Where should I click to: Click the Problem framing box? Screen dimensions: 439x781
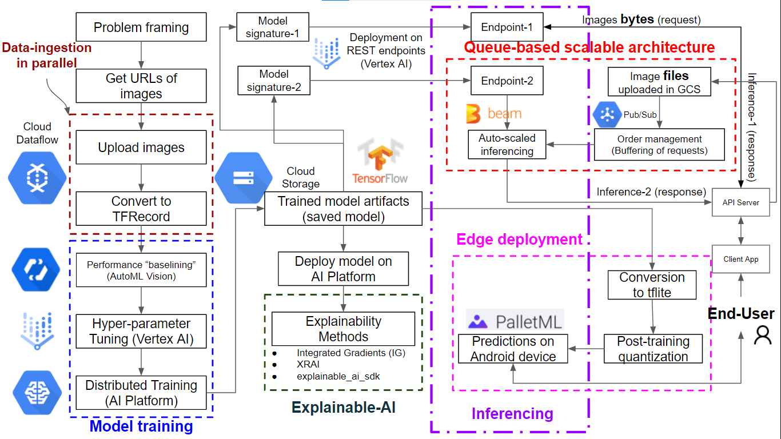141,27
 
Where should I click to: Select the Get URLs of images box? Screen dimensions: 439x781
141,86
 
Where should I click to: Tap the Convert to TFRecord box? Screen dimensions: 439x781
141,209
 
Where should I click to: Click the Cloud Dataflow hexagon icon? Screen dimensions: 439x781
33,178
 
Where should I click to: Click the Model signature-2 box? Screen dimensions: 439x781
274,81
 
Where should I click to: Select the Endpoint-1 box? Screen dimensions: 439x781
507,27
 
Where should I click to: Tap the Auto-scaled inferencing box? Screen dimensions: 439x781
507,145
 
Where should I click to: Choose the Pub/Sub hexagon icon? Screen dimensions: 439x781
607,115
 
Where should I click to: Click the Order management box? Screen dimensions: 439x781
659,145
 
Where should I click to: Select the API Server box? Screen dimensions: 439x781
741,202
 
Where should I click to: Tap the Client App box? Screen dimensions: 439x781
741,259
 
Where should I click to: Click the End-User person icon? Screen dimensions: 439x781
763,335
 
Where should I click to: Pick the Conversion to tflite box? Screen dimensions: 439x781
652,285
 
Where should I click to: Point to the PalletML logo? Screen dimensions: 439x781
515,321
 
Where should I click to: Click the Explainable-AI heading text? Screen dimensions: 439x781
343,407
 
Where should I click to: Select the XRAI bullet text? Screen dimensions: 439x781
309,365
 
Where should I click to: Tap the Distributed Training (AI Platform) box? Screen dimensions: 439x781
141,393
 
